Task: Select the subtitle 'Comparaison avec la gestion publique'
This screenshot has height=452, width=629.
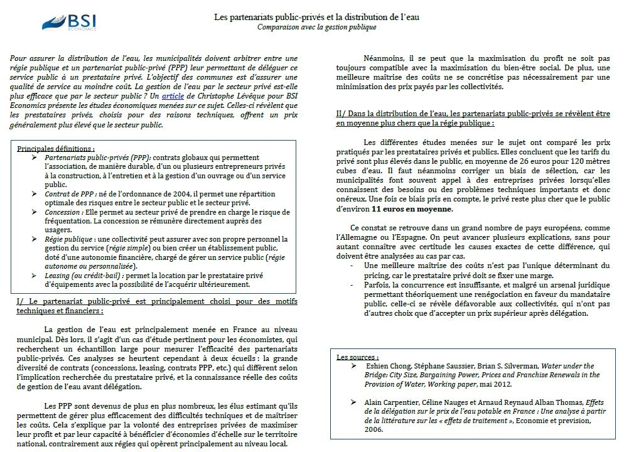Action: [x=316, y=27]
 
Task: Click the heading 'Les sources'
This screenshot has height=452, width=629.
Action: [x=357, y=357]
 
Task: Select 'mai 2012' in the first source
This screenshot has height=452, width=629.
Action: [x=495, y=384]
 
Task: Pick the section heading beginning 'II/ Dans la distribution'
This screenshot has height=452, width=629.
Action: [x=473, y=119]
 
